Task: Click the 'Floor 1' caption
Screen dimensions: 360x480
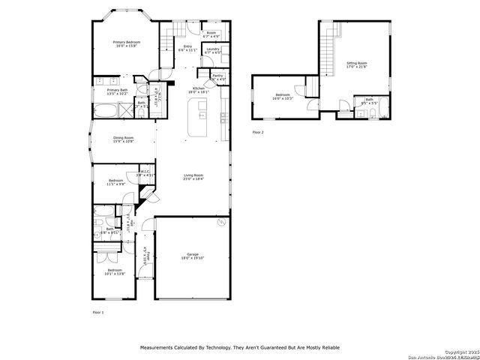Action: (98, 311)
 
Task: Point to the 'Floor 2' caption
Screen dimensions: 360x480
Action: (258, 132)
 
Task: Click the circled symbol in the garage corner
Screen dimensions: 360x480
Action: (220, 223)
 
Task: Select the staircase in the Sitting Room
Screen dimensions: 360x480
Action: (328, 52)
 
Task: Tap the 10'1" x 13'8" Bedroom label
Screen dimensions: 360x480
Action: (114, 271)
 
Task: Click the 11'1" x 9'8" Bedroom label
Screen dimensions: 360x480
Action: (115, 182)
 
